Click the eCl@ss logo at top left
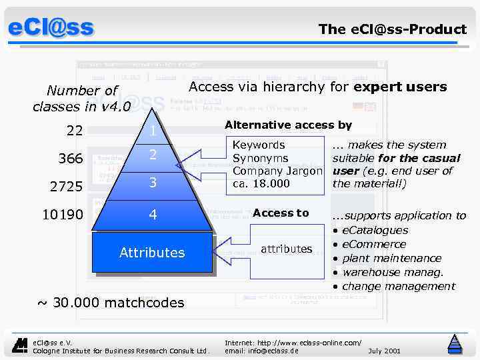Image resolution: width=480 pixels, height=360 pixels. pyautogui.click(x=51, y=28)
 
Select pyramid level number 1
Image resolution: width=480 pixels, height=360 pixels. pyautogui.click(x=153, y=131)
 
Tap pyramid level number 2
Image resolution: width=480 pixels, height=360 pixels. pyautogui.click(x=153, y=155)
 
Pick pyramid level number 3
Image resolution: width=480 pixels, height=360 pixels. pyautogui.click(x=153, y=182)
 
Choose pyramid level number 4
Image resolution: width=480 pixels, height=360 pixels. pyautogui.click(x=153, y=215)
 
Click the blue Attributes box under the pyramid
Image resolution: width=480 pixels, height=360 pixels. pyautogui.click(x=152, y=253)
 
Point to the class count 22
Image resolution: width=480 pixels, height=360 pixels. pyautogui.click(x=74, y=131)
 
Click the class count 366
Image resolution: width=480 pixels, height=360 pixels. pyautogui.click(x=70, y=159)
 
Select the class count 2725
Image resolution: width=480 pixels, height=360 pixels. pyautogui.click(x=66, y=187)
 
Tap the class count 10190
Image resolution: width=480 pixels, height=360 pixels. pyautogui.click(x=63, y=215)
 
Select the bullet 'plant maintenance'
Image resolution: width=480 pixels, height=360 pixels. pyautogui.click(x=391, y=258)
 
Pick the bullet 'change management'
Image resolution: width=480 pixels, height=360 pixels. pyautogui.click(x=398, y=286)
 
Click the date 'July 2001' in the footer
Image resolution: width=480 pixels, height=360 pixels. pyautogui.click(x=384, y=350)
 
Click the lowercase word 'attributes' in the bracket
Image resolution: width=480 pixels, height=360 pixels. pyautogui.click(x=286, y=249)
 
